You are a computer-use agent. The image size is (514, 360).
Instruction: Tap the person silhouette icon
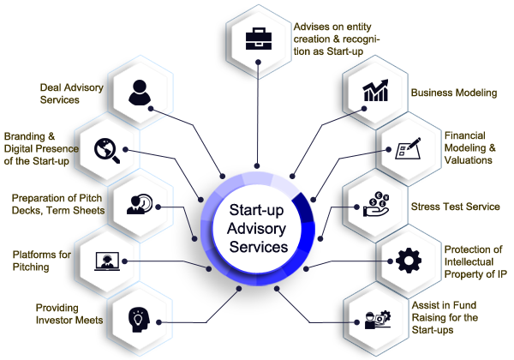[139, 91]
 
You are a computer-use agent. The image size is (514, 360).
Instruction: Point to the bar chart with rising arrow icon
[375, 92]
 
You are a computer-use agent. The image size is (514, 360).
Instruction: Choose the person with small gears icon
[377, 320]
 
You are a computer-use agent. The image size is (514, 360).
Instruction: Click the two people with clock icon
[139, 204]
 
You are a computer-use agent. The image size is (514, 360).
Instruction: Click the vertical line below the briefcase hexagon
[256, 120]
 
